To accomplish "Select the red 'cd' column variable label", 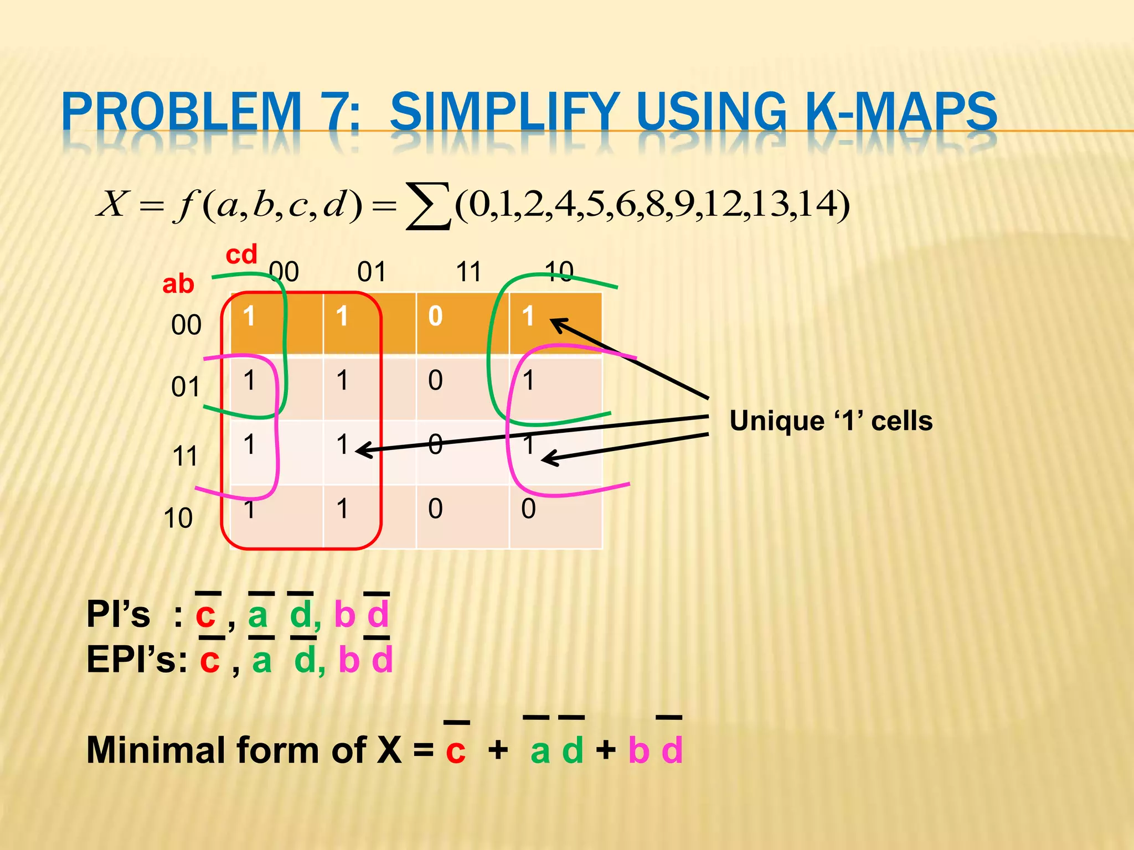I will [241, 255].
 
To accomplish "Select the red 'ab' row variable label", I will [178, 284].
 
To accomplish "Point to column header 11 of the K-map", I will [468, 272].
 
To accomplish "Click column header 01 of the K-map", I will [371, 272].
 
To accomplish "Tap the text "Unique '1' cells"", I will [831, 421].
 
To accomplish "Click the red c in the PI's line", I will [205, 614].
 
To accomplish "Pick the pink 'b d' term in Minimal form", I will [655, 750].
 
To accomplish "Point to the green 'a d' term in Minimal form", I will [556, 750].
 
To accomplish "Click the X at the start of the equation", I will [113, 204].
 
